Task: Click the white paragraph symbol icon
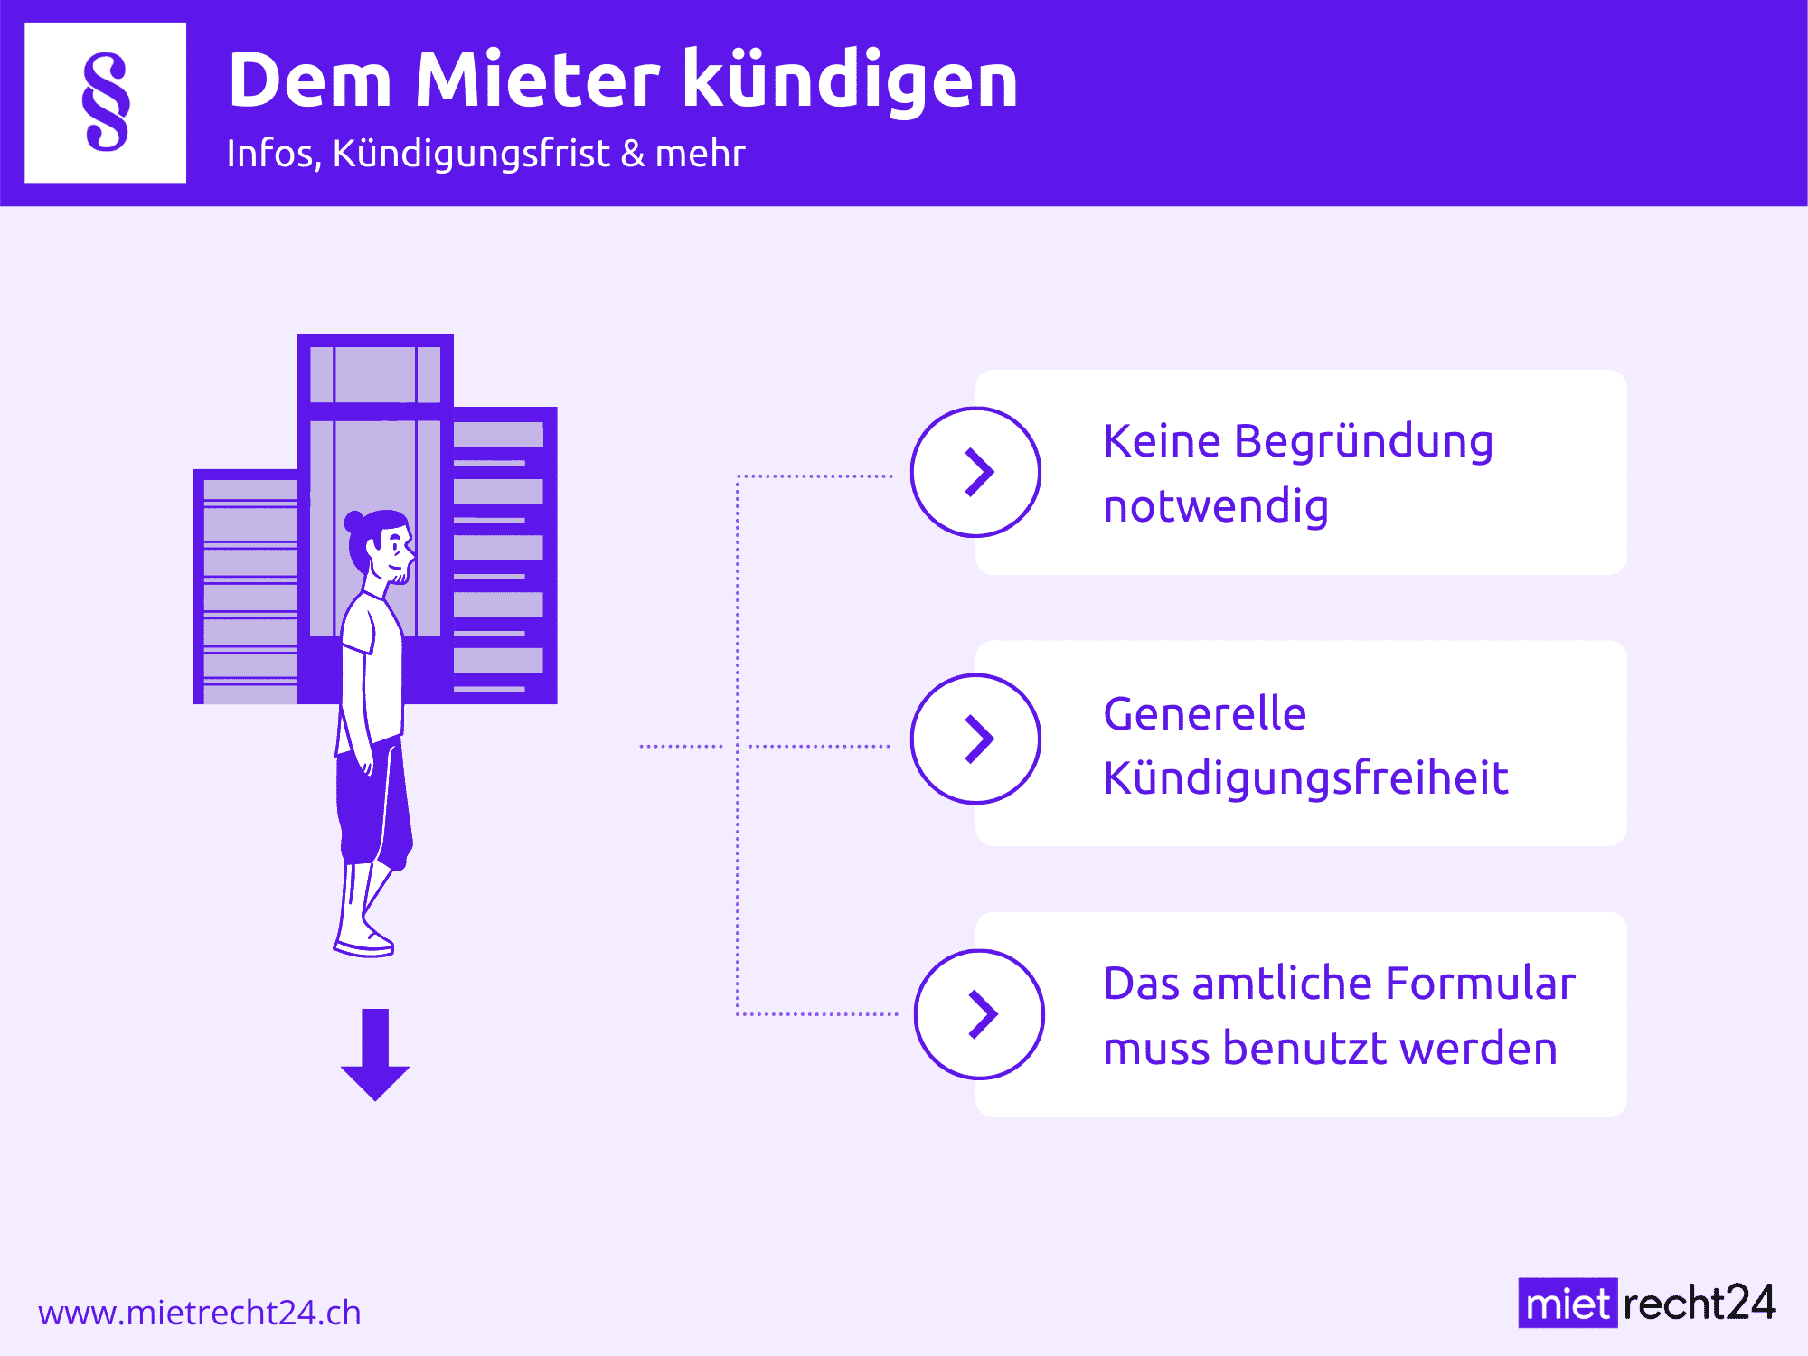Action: coord(106,103)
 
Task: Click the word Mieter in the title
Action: coord(538,80)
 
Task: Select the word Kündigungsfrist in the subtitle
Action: coord(471,154)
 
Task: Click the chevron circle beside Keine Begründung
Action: coord(975,472)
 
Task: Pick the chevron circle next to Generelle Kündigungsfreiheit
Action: coord(975,739)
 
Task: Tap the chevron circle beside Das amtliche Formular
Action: coord(979,1013)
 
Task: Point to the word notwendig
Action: coord(1216,507)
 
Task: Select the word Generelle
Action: coord(1205,714)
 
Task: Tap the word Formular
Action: coord(1480,984)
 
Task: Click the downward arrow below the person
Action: coord(375,1054)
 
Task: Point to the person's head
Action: coord(380,545)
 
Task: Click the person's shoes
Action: coord(364,940)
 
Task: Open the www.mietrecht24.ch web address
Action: coord(200,1313)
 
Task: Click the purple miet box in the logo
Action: coord(1568,1303)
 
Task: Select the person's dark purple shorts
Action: coord(373,800)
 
